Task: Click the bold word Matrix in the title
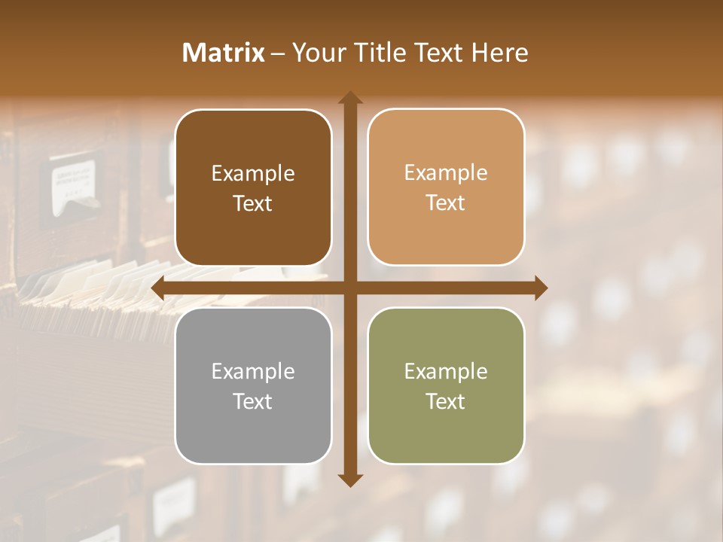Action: point(224,53)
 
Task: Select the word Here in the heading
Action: point(499,53)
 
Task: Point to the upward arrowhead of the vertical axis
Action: point(350,99)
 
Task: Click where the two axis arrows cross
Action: point(350,288)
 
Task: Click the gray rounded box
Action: point(253,437)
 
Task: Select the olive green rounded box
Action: point(446,437)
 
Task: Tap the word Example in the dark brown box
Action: point(253,174)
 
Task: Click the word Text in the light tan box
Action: point(446,203)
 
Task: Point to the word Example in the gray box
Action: point(253,372)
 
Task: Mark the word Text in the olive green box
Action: point(446,402)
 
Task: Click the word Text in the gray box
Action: point(253,402)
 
